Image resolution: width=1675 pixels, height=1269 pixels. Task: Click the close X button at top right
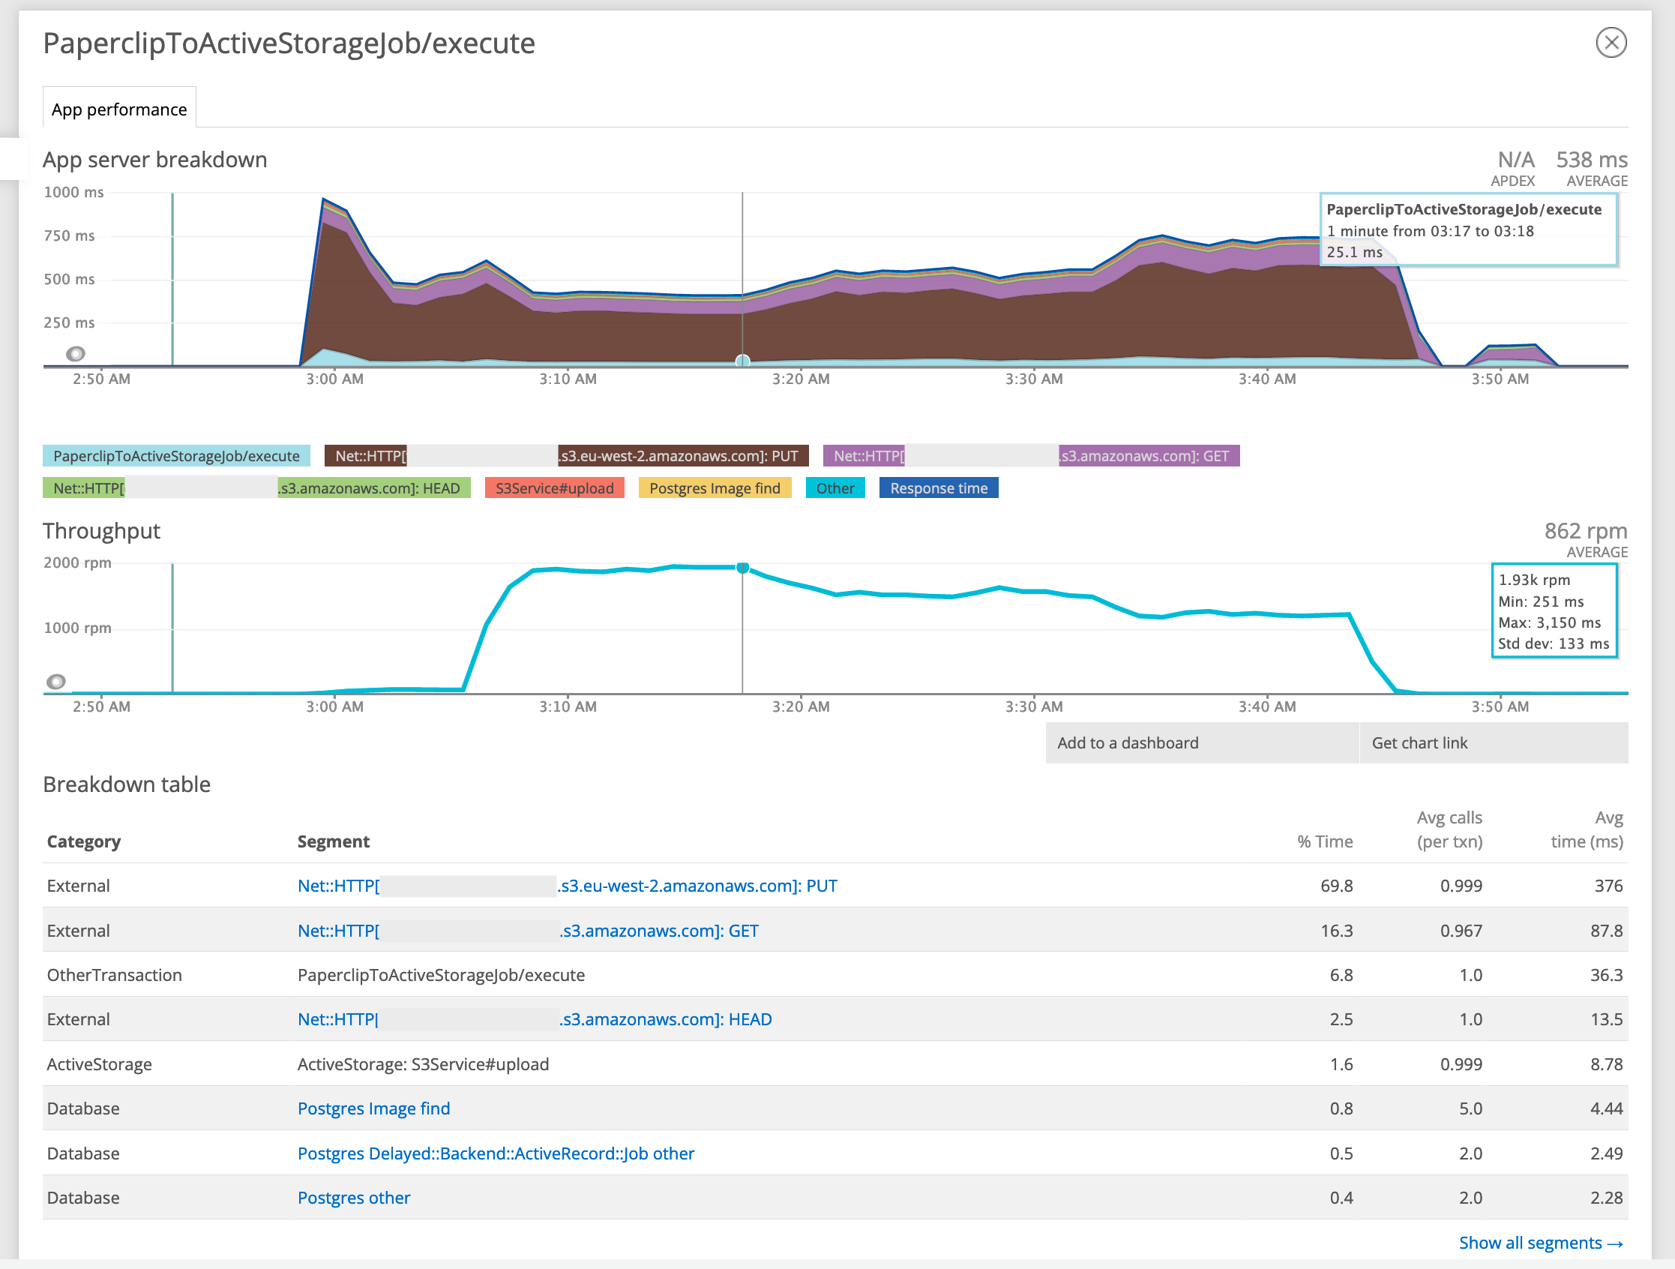(x=1611, y=43)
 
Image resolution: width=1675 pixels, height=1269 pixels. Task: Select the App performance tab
(x=119, y=109)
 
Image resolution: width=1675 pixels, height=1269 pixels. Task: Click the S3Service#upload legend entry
(x=554, y=488)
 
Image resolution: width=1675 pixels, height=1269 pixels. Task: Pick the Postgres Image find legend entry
(x=714, y=488)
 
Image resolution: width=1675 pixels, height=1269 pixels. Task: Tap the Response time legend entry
(x=938, y=488)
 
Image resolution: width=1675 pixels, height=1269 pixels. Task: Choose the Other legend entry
(x=835, y=488)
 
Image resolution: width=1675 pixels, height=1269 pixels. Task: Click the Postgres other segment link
(x=354, y=1198)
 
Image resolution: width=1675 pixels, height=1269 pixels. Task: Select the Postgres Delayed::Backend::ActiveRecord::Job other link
(x=496, y=1153)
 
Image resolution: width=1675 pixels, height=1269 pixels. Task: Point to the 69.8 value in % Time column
(x=1336, y=886)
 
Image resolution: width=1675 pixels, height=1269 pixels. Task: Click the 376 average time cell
(x=1608, y=886)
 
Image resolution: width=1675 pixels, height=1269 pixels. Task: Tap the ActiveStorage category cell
(x=99, y=1064)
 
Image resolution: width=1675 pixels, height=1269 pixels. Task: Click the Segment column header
(x=333, y=841)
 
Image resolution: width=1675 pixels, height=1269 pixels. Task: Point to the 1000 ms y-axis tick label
(x=73, y=193)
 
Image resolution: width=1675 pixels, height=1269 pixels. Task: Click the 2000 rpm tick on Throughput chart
(x=77, y=563)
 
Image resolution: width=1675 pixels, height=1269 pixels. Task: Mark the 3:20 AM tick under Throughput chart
(x=801, y=706)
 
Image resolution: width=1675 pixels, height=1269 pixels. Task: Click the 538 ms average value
(x=1591, y=160)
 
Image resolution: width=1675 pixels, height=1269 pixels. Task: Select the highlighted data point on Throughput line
(x=743, y=568)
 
